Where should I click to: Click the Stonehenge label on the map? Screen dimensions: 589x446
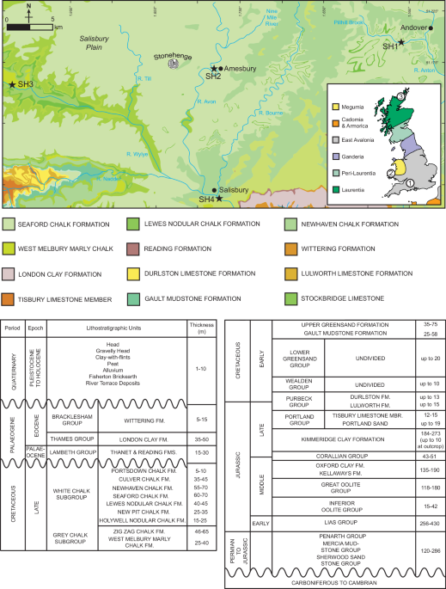[172, 55]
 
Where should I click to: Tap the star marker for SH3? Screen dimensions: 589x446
[12, 84]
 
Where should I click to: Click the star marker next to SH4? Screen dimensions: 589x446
[219, 199]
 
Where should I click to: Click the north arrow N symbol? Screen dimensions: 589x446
[28, 5]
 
